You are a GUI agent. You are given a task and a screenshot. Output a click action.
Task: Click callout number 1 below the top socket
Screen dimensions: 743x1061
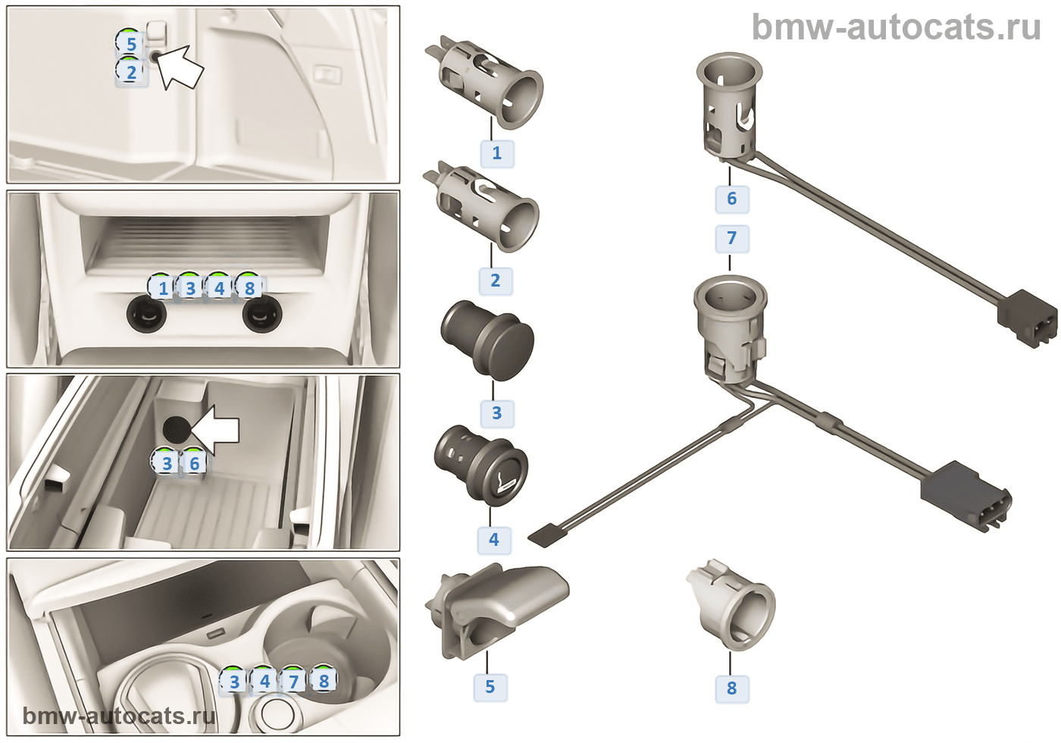pyautogui.click(x=497, y=153)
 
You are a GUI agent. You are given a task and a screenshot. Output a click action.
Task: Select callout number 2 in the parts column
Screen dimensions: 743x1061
pyautogui.click(x=496, y=281)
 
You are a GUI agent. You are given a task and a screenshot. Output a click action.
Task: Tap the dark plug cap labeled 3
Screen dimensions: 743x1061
pyautogui.click(x=487, y=339)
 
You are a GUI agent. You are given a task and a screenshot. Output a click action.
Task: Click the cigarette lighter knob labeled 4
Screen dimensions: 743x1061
pyautogui.click(x=481, y=464)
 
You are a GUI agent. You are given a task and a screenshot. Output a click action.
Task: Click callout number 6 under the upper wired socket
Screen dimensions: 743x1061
pyautogui.click(x=731, y=199)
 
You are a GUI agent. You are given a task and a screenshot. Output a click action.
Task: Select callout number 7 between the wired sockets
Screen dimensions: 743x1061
pyautogui.click(x=731, y=238)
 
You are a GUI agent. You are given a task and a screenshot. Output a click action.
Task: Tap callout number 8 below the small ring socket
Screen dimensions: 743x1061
pyautogui.click(x=731, y=688)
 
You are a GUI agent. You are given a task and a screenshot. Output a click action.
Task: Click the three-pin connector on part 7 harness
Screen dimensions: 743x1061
pyautogui.click(x=966, y=497)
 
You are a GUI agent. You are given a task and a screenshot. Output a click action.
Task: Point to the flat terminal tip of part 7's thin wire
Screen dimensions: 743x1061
pyautogui.click(x=543, y=537)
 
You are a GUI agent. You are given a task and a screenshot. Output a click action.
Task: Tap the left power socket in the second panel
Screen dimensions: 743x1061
pyautogui.click(x=147, y=314)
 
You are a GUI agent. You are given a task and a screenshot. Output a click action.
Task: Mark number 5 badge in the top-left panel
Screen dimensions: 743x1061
pyautogui.click(x=131, y=44)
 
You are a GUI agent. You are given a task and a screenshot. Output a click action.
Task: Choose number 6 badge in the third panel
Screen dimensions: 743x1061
pyautogui.click(x=195, y=463)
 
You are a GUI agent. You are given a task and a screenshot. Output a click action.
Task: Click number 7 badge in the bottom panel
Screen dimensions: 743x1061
pyautogui.click(x=294, y=682)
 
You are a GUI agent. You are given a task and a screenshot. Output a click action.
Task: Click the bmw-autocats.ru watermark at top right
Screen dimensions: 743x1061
pyautogui.click(x=896, y=28)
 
